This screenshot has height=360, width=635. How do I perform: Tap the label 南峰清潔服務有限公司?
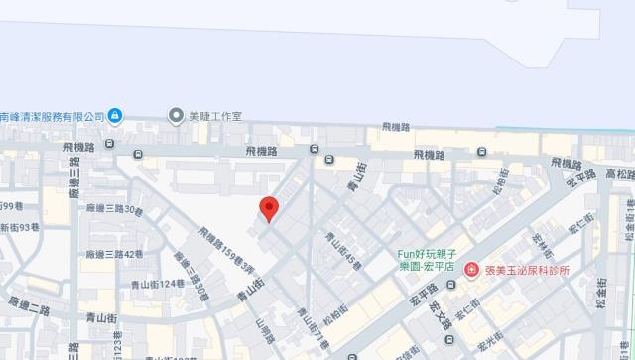52,116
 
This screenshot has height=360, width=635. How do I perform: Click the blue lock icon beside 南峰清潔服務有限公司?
115,116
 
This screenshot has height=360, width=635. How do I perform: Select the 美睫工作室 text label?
215,116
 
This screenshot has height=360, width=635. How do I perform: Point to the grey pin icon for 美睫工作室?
177,116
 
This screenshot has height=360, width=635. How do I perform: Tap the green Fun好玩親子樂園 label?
433,260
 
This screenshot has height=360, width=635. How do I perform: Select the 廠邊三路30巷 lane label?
115,209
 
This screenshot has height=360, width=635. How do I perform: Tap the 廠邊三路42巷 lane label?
115,254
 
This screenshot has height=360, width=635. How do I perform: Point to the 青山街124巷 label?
158,283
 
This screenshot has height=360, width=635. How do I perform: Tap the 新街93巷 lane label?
20,227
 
